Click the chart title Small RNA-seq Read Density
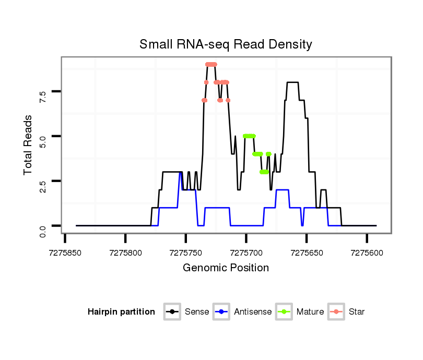coord(226,44)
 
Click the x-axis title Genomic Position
coord(226,268)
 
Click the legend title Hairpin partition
coord(121,312)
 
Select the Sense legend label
coord(197,312)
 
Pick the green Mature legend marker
coord(284,312)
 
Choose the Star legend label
coord(357,312)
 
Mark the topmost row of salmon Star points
coord(211,64)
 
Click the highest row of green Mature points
coord(250,136)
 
